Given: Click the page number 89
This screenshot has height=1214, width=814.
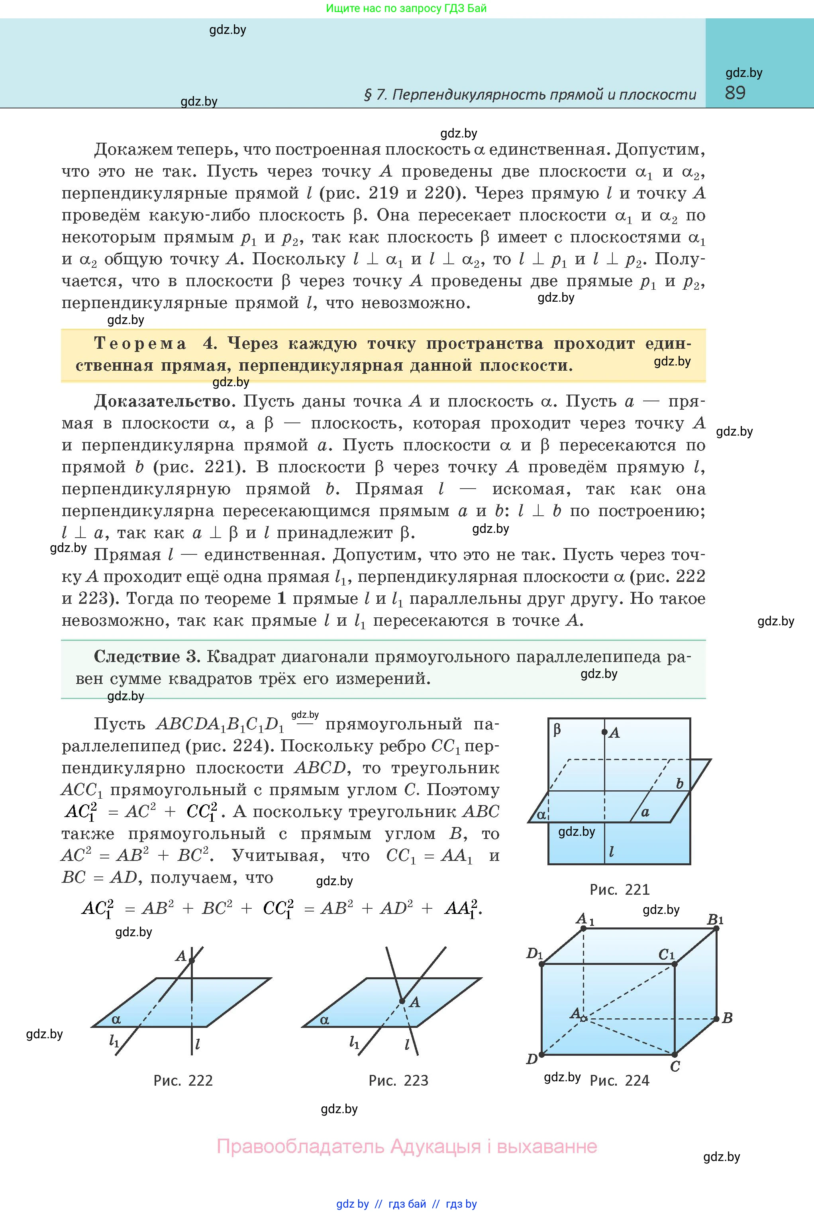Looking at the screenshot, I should (x=735, y=93).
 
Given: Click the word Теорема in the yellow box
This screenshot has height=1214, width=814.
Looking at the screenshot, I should (x=140, y=343).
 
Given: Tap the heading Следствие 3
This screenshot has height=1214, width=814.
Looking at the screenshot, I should (x=146, y=656).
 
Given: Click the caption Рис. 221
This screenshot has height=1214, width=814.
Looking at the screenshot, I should (x=619, y=890).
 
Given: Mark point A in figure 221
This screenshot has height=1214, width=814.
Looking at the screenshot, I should (x=604, y=732).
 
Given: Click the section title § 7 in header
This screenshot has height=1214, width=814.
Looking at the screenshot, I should (x=530, y=94).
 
